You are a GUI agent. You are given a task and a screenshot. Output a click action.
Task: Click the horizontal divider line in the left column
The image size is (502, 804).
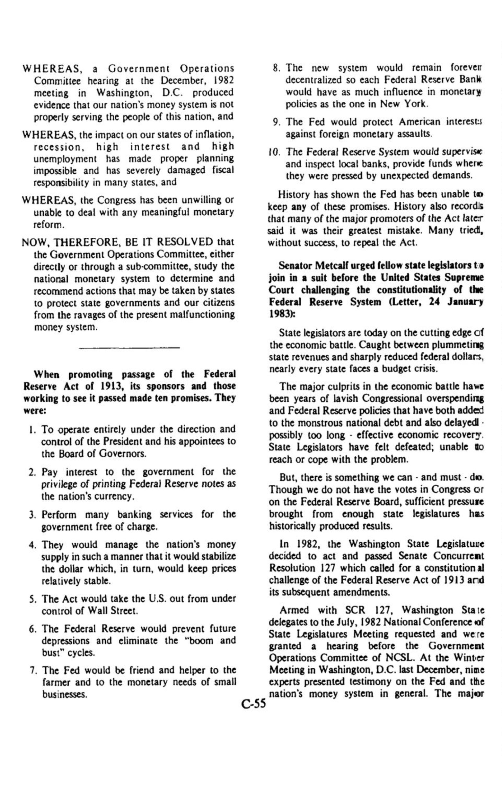[129, 348]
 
